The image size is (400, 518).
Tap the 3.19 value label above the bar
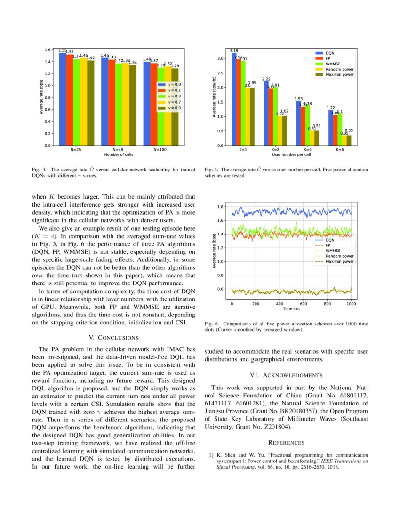(x=234, y=50)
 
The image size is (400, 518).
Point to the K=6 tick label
(x=340, y=149)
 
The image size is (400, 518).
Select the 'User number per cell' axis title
(x=292, y=154)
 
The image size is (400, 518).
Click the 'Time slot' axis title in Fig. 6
(x=292, y=309)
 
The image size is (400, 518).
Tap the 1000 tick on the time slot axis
(x=351, y=304)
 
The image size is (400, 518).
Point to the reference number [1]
(x=210, y=455)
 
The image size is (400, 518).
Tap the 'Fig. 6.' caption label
(x=213, y=324)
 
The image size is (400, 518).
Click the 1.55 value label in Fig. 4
(x=62, y=49)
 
